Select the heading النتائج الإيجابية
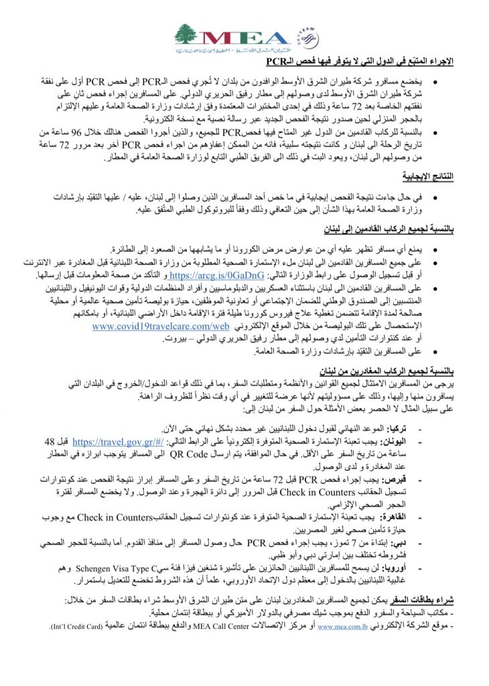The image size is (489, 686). pyautogui.click(x=428, y=176)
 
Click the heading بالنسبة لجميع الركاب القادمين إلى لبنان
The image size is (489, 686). pyautogui.click(x=389, y=229)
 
